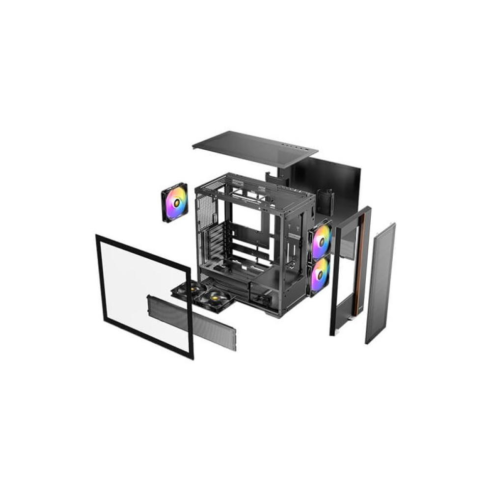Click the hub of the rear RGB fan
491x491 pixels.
[x=175, y=202]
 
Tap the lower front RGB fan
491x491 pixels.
[x=320, y=275]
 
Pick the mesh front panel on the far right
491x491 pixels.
[x=381, y=282]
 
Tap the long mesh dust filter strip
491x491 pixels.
[x=191, y=322]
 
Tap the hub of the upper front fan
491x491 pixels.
[x=322, y=241]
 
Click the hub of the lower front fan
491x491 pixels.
[x=320, y=275]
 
